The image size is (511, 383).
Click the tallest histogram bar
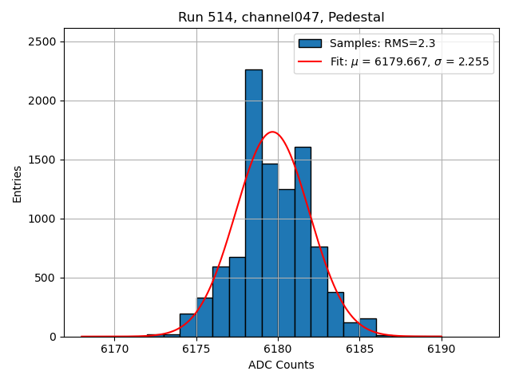[253, 203]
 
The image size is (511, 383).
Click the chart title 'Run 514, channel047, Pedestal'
[280, 18]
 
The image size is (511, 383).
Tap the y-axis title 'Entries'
[18, 184]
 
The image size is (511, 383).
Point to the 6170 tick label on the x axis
[114, 349]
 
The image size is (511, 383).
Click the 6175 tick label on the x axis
[196, 349]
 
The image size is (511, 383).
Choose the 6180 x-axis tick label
[278, 349]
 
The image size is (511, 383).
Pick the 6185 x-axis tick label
[359, 349]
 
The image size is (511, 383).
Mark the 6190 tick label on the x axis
[441, 349]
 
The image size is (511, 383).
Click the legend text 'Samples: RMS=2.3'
[382, 44]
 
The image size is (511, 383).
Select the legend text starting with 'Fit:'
[409, 61]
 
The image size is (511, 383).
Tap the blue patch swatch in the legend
[310, 44]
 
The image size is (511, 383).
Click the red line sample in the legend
[310, 61]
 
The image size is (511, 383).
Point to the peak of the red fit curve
[272, 132]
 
